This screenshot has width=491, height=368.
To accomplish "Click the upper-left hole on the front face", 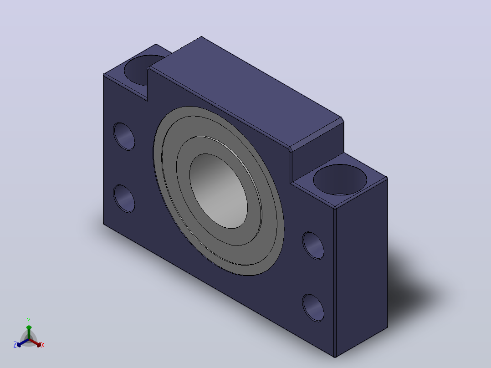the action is point(124,136).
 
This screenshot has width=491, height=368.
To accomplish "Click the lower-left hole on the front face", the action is point(124,199).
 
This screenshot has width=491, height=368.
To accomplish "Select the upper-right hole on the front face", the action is point(313,245).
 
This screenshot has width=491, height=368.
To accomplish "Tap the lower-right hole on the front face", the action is point(313,308).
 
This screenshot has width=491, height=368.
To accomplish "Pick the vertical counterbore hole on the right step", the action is point(340,179).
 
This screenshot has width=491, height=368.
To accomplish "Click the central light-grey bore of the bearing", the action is point(219,191).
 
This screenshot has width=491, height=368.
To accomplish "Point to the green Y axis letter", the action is point(29,321).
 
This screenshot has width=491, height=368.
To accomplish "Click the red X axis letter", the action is point(43,345).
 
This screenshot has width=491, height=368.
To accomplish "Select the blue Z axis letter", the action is point(15,345).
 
